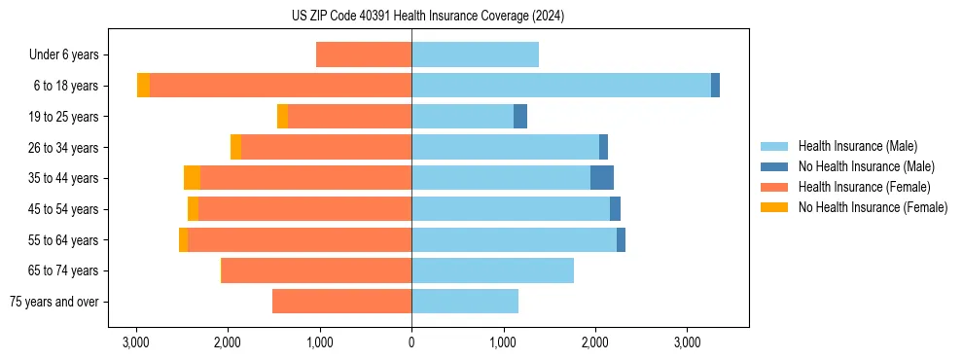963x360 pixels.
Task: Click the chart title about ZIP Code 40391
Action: click(x=427, y=17)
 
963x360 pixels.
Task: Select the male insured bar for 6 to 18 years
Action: click(x=561, y=86)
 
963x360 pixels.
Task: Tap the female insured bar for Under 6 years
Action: click(x=364, y=54)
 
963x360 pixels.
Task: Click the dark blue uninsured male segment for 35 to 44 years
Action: click(x=602, y=178)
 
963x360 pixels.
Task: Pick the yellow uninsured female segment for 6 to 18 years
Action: click(x=143, y=86)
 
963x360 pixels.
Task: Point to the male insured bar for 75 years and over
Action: click(x=465, y=302)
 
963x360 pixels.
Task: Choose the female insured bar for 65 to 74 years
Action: click(x=317, y=270)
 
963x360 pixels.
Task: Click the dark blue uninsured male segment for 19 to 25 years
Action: click(x=520, y=117)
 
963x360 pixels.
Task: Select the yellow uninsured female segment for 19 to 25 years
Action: click(x=282, y=117)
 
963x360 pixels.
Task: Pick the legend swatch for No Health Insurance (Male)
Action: click(x=775, y=166)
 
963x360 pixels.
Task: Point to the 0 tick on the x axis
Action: click(x=411, y=342)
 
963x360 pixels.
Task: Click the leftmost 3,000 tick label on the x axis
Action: click(x=136, y=342)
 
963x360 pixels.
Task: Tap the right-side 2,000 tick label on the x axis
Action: click(x=595, y=342)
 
